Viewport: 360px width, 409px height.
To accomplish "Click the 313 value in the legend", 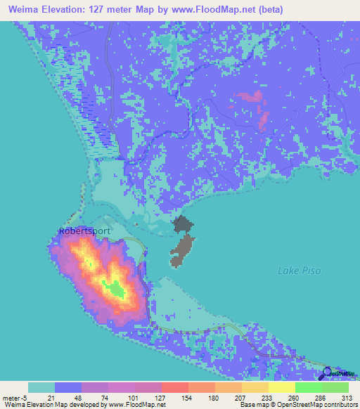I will tap(347, 398).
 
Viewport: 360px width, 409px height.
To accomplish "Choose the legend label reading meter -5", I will tap(14, 398).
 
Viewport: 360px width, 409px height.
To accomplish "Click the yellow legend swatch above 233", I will tap(255, 387).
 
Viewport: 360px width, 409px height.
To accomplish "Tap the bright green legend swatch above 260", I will tap(308, 387).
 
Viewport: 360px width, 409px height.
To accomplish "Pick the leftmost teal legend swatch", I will tap(41, 387).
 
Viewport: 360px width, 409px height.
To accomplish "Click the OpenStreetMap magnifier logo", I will tap(328, 374).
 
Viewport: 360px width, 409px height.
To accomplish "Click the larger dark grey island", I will tap(182, 250).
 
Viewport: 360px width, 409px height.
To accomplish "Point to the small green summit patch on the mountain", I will tap(112, 287).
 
